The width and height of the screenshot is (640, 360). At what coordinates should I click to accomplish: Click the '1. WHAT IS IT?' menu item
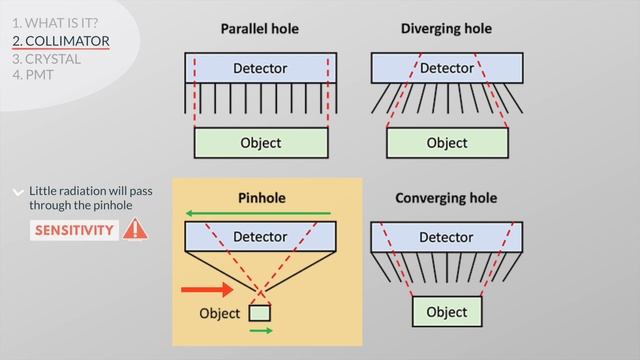55,22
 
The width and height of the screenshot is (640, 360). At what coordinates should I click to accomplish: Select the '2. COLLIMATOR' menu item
60,41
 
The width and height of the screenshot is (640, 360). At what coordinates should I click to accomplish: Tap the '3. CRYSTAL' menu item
47,59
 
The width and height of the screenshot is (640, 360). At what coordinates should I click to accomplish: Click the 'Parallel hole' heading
260,28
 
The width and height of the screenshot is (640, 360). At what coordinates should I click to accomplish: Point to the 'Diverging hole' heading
446,28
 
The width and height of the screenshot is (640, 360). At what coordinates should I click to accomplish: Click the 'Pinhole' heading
261,198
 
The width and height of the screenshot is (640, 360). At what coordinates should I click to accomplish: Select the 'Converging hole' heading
446,198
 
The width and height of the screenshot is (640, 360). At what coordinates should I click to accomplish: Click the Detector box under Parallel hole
260,68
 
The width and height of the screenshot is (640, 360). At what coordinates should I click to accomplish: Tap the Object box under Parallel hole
260,142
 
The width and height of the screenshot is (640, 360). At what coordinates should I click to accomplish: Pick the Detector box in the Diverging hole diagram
446,68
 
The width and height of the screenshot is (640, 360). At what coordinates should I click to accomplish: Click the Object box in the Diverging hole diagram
446,142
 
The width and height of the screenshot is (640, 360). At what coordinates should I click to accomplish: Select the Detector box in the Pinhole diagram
260,237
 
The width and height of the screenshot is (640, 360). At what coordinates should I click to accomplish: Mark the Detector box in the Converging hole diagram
446,237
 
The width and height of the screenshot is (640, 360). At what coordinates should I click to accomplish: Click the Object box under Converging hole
446,312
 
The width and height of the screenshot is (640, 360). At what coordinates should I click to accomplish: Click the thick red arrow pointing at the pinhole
207,290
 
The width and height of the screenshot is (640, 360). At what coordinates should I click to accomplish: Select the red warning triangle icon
135,229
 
